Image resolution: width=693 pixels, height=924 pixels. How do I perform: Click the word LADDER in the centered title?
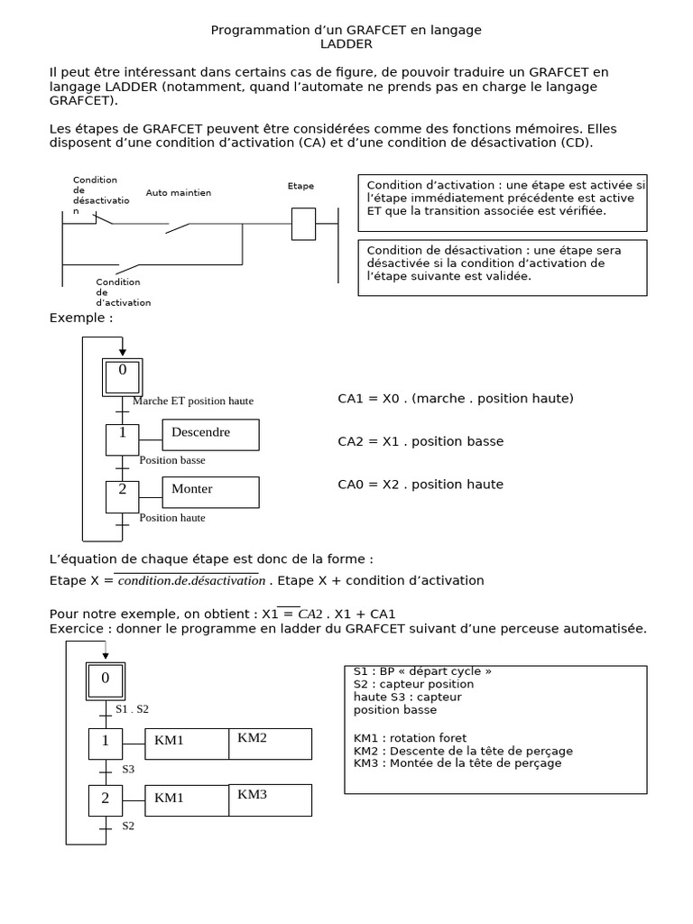(x=346, y=44)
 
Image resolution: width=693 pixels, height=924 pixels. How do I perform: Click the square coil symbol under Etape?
(x=303, y=224)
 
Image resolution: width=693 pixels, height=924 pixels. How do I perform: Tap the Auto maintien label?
(x=178, y=193)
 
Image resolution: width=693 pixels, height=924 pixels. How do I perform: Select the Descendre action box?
(x=210, y=434)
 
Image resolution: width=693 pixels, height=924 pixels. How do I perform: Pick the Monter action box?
(x=210, y=492)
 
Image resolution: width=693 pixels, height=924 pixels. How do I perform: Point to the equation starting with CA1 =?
(x=456, y=398)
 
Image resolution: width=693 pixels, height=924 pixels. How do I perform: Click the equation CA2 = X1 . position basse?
(x=420, y=441)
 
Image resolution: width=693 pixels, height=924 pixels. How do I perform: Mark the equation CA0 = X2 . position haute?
(x=420, y=485)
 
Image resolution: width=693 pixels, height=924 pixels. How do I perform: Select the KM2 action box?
(x=270, y=744)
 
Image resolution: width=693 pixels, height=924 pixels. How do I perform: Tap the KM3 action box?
(x=270, y=799)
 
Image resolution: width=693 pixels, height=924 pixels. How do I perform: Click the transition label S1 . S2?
(x=132, y=709)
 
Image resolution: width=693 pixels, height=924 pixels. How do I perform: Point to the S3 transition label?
(x=128, y=769)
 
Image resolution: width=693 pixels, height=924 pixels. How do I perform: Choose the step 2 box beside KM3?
(x=106, y=799)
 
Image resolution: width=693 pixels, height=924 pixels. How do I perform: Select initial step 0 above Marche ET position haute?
(x=123, y=374)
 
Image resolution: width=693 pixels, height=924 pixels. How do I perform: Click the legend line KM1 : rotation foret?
(x=411, y=739)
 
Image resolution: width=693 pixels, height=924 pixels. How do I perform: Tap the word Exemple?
(x=81, y=319)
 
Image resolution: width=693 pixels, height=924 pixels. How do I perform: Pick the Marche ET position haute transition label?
(x=193, y=402)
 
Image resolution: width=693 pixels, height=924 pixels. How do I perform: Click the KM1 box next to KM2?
(x=187, y=744)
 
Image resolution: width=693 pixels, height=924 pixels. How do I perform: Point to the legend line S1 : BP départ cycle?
(x=422, y=672)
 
